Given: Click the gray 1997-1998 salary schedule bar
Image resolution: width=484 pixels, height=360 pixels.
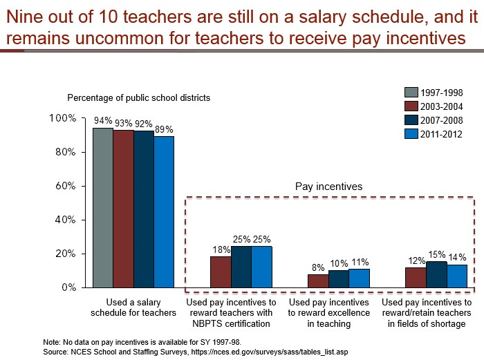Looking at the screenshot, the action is tap(103, 207).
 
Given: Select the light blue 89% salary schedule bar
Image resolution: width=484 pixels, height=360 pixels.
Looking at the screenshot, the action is tap(164, 212).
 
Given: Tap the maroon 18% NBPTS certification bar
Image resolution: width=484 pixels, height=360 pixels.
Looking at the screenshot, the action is tap(221, 272).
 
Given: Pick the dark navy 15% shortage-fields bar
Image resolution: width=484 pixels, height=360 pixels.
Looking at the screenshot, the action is tap(436, 274).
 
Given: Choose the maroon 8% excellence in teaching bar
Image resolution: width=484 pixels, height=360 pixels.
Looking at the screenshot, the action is tap(318, 281).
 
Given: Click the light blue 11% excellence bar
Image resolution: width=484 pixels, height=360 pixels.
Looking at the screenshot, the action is tap(360, 278).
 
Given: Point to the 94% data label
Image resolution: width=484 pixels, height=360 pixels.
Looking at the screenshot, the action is tap(103, 121).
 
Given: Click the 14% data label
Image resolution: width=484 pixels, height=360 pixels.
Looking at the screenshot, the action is tap(457, 257).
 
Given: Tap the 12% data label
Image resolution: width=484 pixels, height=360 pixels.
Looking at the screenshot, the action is tap(417, 261).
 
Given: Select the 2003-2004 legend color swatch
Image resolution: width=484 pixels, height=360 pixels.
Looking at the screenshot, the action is tap(411, 106).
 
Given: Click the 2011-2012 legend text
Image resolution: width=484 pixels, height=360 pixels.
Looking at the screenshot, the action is tap(441, 134).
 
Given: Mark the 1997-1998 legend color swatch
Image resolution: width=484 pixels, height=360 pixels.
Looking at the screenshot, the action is tap(411, 92).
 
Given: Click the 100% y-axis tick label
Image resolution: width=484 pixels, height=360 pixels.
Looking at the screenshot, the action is tap(63, 118).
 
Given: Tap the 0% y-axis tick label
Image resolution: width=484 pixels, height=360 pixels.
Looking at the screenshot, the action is tap(69, 287).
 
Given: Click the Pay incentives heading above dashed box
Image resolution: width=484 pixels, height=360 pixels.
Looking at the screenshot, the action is tap(328, 187).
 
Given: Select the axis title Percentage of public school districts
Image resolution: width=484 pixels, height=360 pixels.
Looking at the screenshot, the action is tap(138, 98).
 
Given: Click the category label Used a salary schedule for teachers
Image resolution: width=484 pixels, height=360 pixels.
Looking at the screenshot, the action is tap(133, 307).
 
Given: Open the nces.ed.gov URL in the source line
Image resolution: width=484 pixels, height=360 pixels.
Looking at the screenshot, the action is tap(270, 352).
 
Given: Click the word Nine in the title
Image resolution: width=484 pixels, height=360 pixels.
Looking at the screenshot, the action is tap(23, 17).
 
